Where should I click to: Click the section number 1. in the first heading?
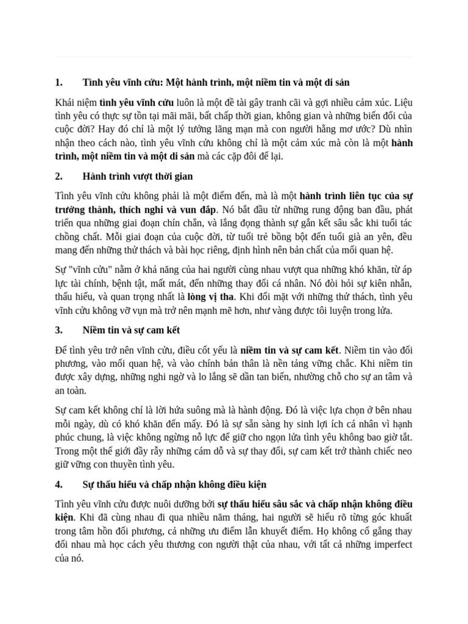point(58,82)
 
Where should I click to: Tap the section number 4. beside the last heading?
point(58,484)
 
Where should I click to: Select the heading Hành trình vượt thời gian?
point(137,177)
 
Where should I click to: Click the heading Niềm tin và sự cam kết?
point(131,330)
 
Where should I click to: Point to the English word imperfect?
point(389,544)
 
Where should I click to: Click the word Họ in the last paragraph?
point(335,530)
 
